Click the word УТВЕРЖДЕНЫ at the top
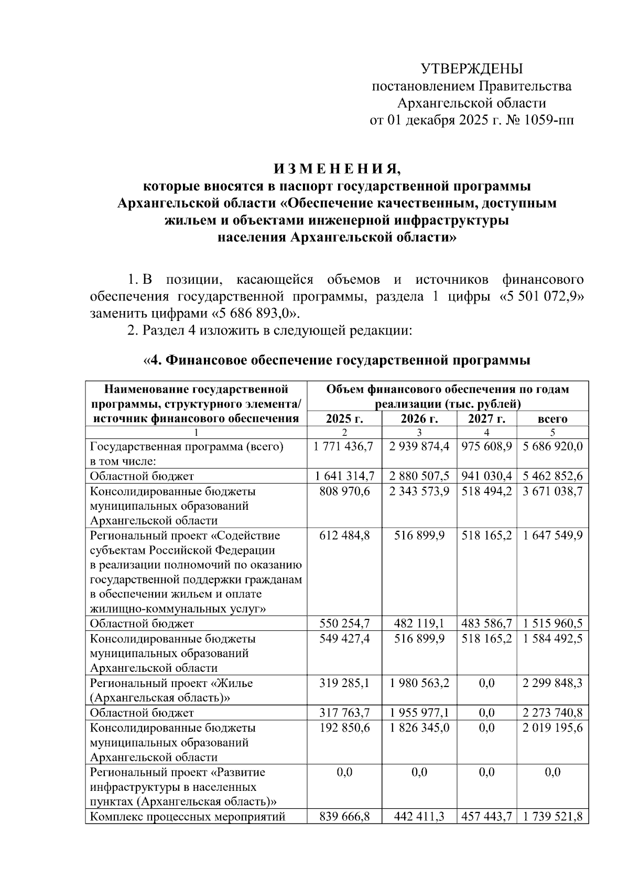point(471,69)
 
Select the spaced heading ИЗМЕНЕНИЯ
point(337,169)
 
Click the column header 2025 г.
point(344,419)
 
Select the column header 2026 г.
point(419,419)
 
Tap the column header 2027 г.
point(487,419)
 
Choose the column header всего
point(552,419)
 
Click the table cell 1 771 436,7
point(344,446)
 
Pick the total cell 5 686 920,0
point(552,446)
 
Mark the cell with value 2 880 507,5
point(419,476)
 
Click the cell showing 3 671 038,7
point(552,491)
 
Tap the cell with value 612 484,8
point(344,535)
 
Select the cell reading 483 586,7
point(487,624)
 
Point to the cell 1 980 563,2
point(419,683)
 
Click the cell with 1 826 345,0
point(419,728)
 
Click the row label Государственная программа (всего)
point(187,446)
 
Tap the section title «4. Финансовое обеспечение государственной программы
point(337,360)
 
